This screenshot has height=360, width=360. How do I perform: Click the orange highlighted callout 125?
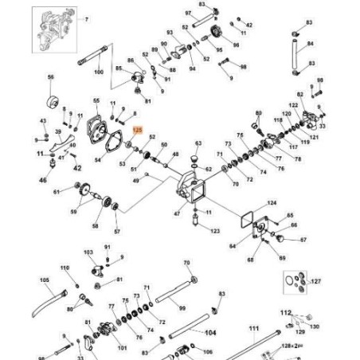point(136,128)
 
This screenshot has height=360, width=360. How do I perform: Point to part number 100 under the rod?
point(99,72)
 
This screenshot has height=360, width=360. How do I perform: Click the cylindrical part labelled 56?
point(56,101)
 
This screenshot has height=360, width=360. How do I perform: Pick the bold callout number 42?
point(77,168)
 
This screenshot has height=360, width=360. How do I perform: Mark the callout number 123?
point(214,231)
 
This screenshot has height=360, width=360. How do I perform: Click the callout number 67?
point(303,239)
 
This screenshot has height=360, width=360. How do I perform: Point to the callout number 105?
point(45,280)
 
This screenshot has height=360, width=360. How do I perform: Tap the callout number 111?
point(253,327)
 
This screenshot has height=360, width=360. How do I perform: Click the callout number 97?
point(187,14)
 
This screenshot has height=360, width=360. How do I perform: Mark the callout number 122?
point(293,105)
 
